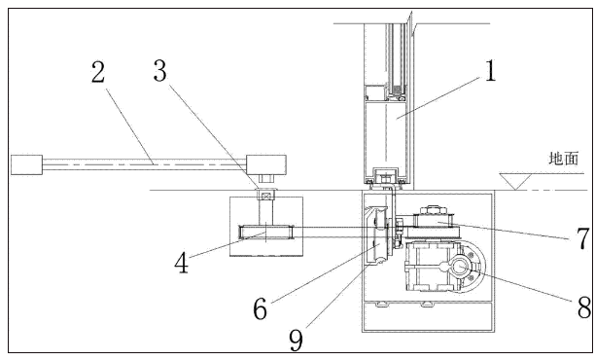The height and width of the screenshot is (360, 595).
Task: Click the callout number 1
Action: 490,70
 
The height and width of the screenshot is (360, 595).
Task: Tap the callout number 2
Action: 98,72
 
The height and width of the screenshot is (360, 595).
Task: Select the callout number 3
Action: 160,71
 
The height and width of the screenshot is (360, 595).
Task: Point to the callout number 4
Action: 182,263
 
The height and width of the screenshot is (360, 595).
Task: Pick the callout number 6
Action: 260,308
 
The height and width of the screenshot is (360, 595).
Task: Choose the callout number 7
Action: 582,238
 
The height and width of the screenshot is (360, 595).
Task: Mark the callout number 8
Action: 584,306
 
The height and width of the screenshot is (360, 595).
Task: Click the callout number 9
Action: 296,340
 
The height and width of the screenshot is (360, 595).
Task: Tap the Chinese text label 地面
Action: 564,159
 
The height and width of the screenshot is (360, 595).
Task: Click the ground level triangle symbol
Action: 515,181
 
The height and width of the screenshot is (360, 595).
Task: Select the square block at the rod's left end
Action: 26,164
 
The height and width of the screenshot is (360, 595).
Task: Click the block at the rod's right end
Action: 266,164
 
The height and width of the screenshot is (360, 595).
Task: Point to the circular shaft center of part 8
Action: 460,267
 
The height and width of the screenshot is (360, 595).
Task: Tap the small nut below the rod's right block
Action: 266,178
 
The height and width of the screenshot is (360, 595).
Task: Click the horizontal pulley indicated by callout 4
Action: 266,232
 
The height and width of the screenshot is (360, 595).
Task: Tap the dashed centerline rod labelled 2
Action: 144,164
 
